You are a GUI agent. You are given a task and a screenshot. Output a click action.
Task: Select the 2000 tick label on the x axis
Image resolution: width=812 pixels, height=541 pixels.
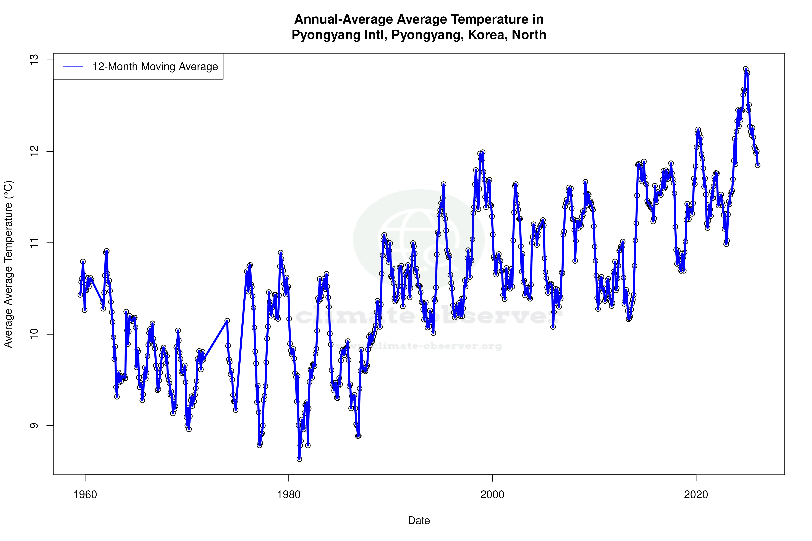pyautogui.click(x=492, y=495)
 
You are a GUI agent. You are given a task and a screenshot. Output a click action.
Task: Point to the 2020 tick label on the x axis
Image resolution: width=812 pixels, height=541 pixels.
pyautogui.click(x=696, y=495)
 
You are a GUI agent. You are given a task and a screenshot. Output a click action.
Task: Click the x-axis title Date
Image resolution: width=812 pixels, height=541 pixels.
pyautogui.click(x=419, y=521)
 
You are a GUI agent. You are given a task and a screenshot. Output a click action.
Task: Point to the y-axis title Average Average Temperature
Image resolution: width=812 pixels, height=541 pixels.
pyautogui.click(x=8, y=264)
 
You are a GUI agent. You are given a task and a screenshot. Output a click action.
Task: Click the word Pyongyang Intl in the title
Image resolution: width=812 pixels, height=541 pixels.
pyautogui.click(x=338, y=35)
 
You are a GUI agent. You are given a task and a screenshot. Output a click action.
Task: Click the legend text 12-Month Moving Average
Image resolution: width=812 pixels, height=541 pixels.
pyautogui.click(x=155, y=67)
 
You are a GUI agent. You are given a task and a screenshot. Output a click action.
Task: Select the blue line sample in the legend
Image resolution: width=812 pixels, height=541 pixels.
pyautogui.click(x=73, y=67)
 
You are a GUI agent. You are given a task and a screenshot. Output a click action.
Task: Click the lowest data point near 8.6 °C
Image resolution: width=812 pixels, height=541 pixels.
pyautogui.click(x=299, y=459)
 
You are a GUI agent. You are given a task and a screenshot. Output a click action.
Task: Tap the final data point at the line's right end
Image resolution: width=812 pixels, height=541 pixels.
pyautogui.click(x=757, y=165)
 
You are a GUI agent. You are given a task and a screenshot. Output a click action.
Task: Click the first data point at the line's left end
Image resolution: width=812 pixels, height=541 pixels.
pyautogui.click(x=80, y=295)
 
